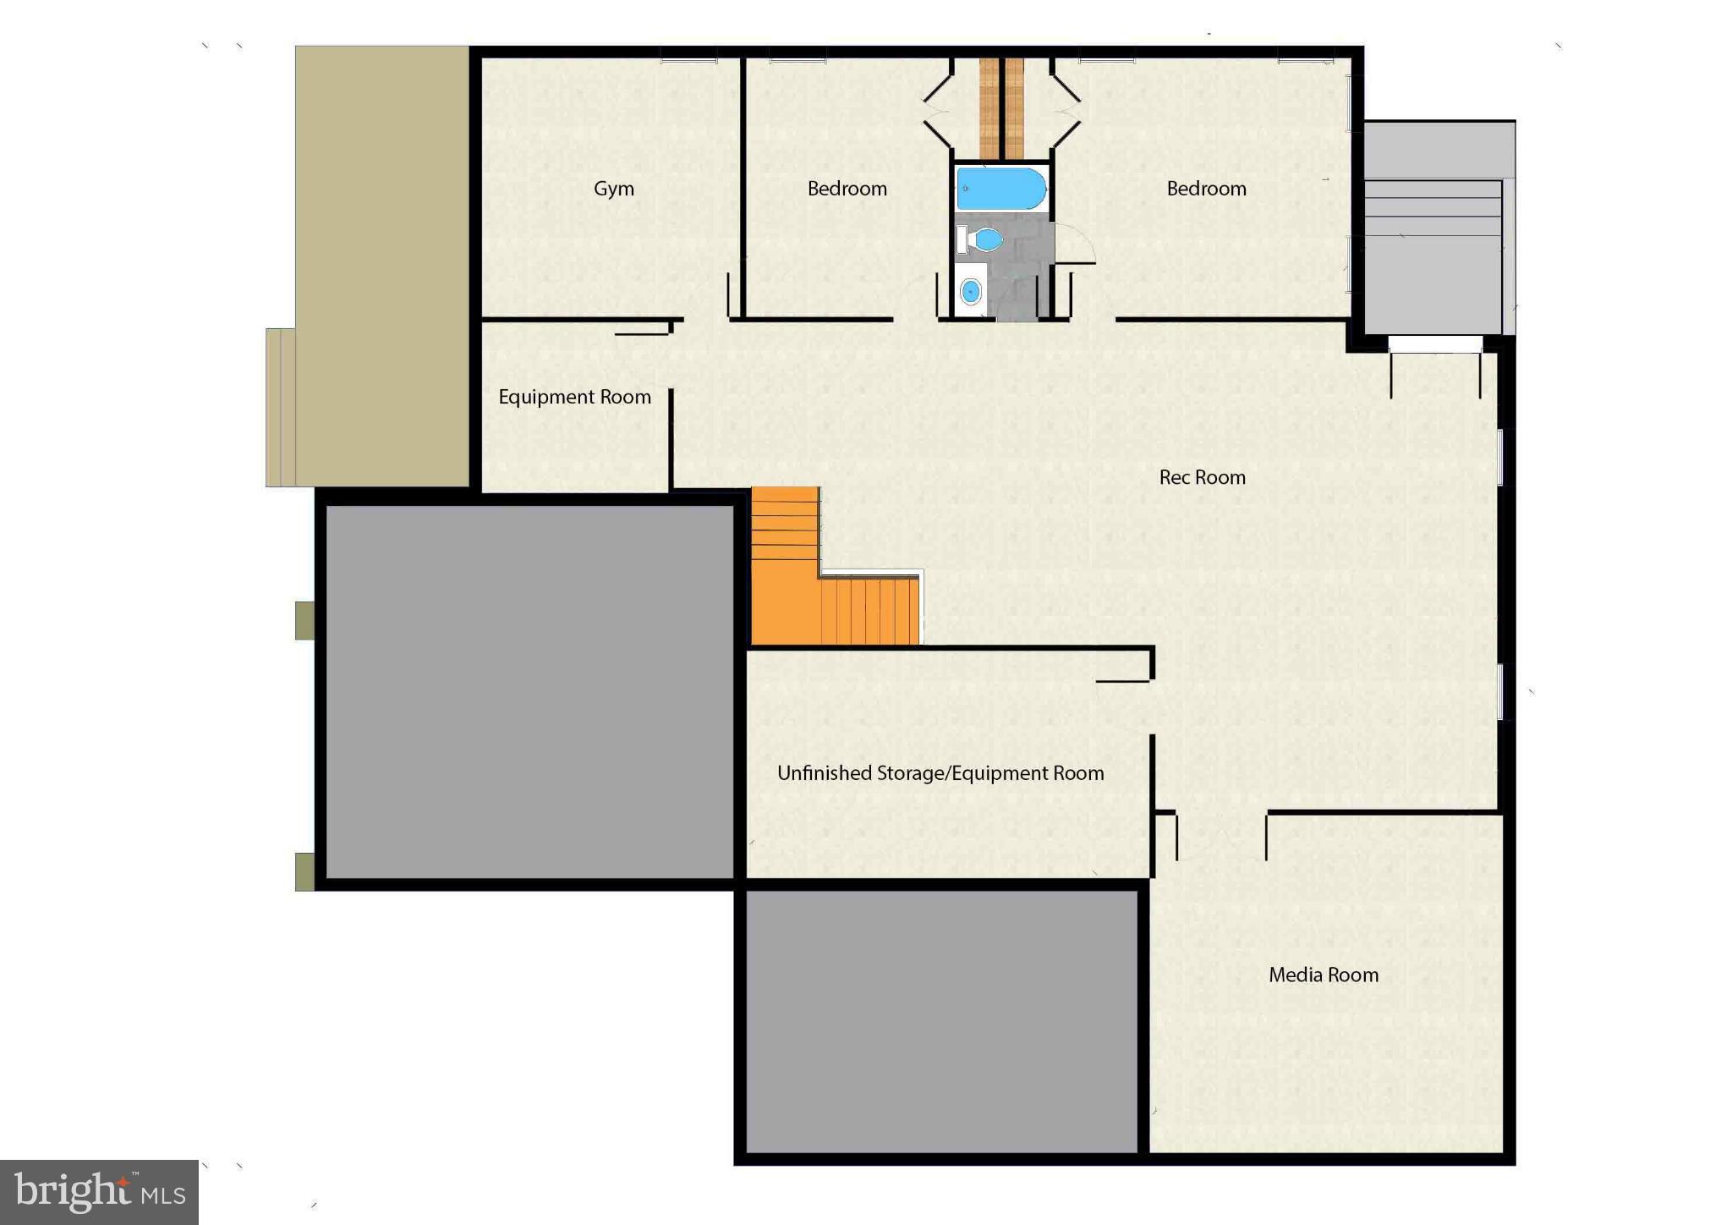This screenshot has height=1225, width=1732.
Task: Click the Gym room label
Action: coord(613,189)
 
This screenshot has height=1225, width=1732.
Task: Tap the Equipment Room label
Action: coord(574,397)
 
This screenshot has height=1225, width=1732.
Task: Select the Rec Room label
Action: coord(1202,477)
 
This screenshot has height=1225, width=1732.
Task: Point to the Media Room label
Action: coord(1323,975)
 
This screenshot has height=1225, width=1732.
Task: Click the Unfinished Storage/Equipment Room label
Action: coord(940,773)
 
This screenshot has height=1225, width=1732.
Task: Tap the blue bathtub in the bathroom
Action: coord(1001,189)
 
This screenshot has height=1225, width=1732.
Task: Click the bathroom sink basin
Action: coord(971,292)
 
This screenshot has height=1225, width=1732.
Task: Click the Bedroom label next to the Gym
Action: coord(847,189)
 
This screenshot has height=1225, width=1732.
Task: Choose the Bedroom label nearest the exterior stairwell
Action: coord(1206,189)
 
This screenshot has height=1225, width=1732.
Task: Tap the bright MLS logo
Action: coord(100,1192)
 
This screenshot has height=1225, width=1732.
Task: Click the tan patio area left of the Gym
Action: coord(382,254)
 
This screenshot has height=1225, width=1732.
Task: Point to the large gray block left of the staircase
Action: coord(529,691)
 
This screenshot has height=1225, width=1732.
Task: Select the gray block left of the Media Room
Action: coord(940,1021)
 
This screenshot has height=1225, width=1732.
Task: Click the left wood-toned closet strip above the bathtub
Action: coord(989,107)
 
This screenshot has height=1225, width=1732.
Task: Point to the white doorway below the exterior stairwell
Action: coord(1435,344)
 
